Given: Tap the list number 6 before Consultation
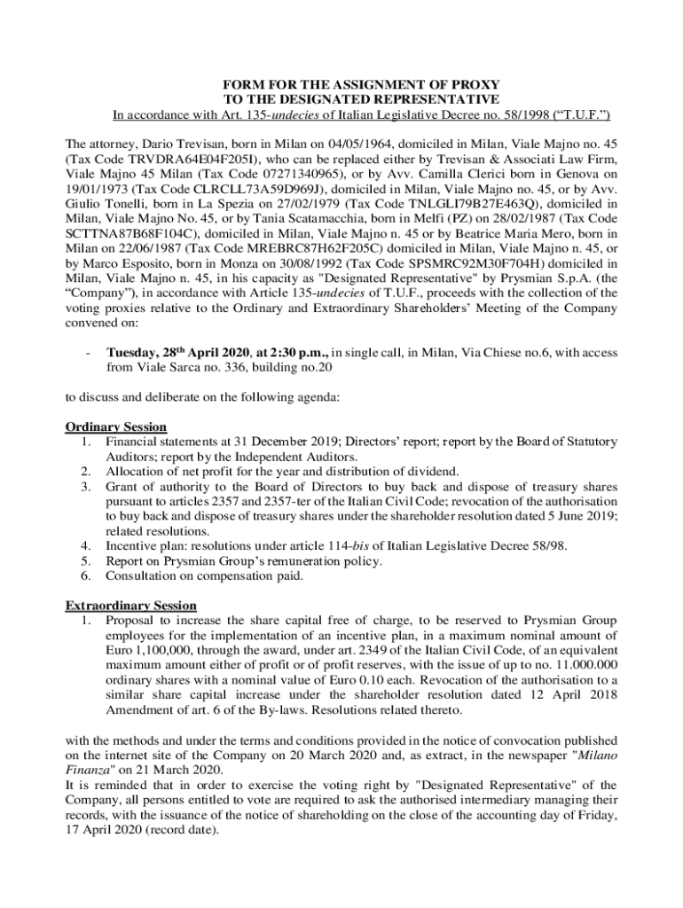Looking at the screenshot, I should tap(86, 575).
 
